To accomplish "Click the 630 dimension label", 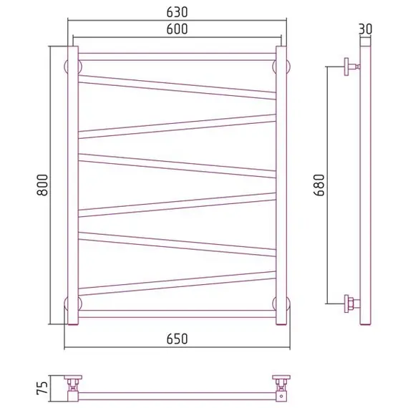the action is point(177,12).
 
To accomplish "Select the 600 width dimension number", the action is point(177,29).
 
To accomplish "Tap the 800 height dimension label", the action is point(42,185).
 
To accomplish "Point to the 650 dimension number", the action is point(177,339).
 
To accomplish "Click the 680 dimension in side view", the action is point(319,185).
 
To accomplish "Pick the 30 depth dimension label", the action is point(366,29).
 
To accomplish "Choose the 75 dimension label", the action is point(42,388).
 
